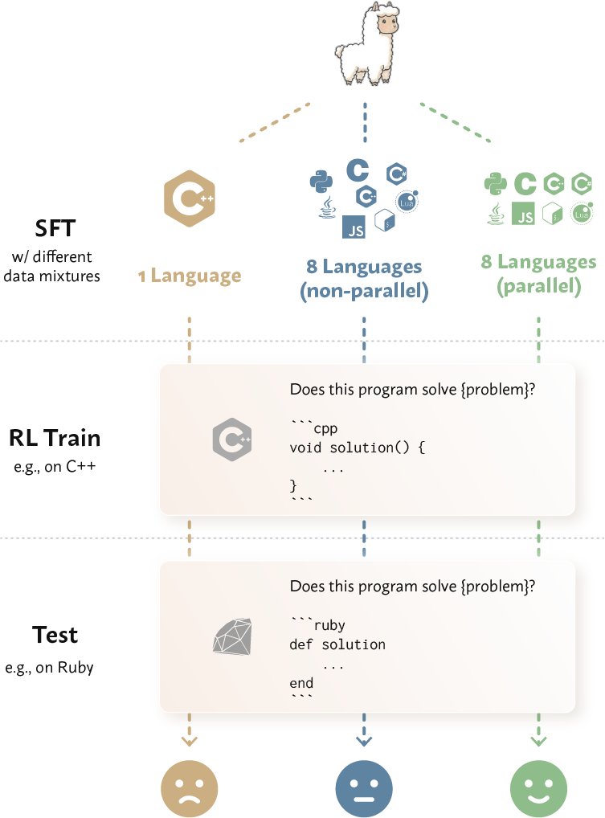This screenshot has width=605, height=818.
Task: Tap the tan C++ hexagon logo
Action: tap(190, 198)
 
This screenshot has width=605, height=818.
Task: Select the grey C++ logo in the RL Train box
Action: tap(232, 440)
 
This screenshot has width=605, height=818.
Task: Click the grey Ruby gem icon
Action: tap(233, 636)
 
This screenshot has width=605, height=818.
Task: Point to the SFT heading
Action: tap(55, 228)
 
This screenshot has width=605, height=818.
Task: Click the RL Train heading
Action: tap(55, 438)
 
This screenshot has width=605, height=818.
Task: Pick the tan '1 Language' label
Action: tap(190, 276)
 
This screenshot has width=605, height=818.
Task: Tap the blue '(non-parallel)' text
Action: tap(364, 291)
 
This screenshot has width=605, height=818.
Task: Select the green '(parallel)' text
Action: tap(539, 286)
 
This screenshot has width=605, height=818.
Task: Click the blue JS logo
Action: tap(354, 227)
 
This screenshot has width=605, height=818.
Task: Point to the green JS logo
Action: tap(523, 214)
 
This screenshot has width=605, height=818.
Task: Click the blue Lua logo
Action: tap(407, 202)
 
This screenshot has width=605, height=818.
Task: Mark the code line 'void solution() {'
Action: tap(358, 448)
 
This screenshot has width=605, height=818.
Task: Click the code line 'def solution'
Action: tap(337, 644)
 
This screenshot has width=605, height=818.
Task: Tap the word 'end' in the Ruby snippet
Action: tap(301, 683)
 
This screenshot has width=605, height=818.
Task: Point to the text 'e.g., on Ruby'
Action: tap(50, 668)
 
